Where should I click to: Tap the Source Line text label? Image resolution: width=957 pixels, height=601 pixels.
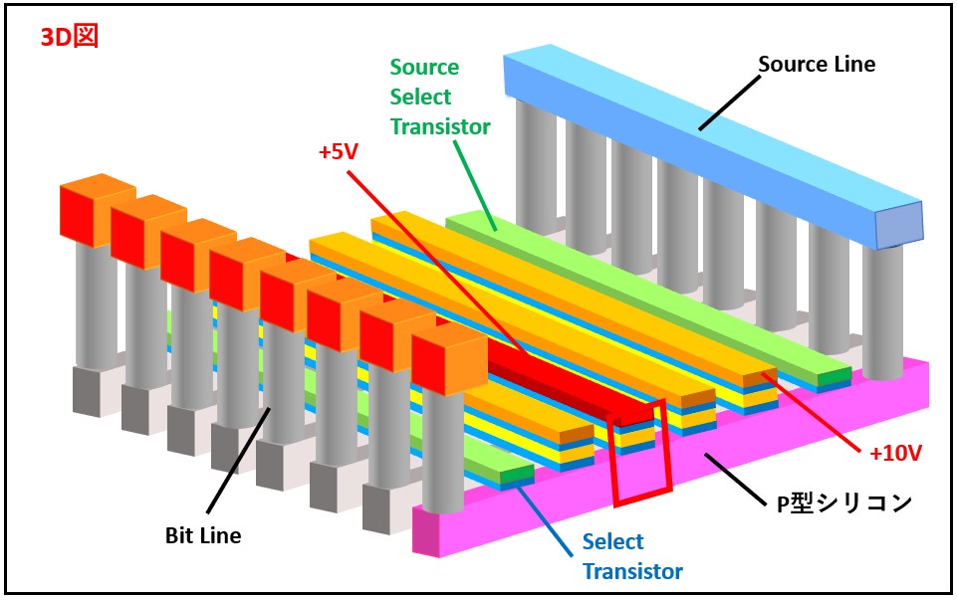pyautogui.click(x=817, y=65)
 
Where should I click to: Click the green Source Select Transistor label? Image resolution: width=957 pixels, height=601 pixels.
pyautogui.click(x=439, y=97)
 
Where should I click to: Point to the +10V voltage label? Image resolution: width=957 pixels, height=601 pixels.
pyautogui.click(x=895, y=453)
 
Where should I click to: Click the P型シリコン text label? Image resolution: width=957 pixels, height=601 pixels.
pyautogui.click(x=843, y=503)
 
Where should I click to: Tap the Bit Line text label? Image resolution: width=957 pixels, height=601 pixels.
pyautogui.click(x=203, y=536)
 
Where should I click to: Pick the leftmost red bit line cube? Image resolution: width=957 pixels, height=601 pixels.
pyautogui.click(x=84, y=216)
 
